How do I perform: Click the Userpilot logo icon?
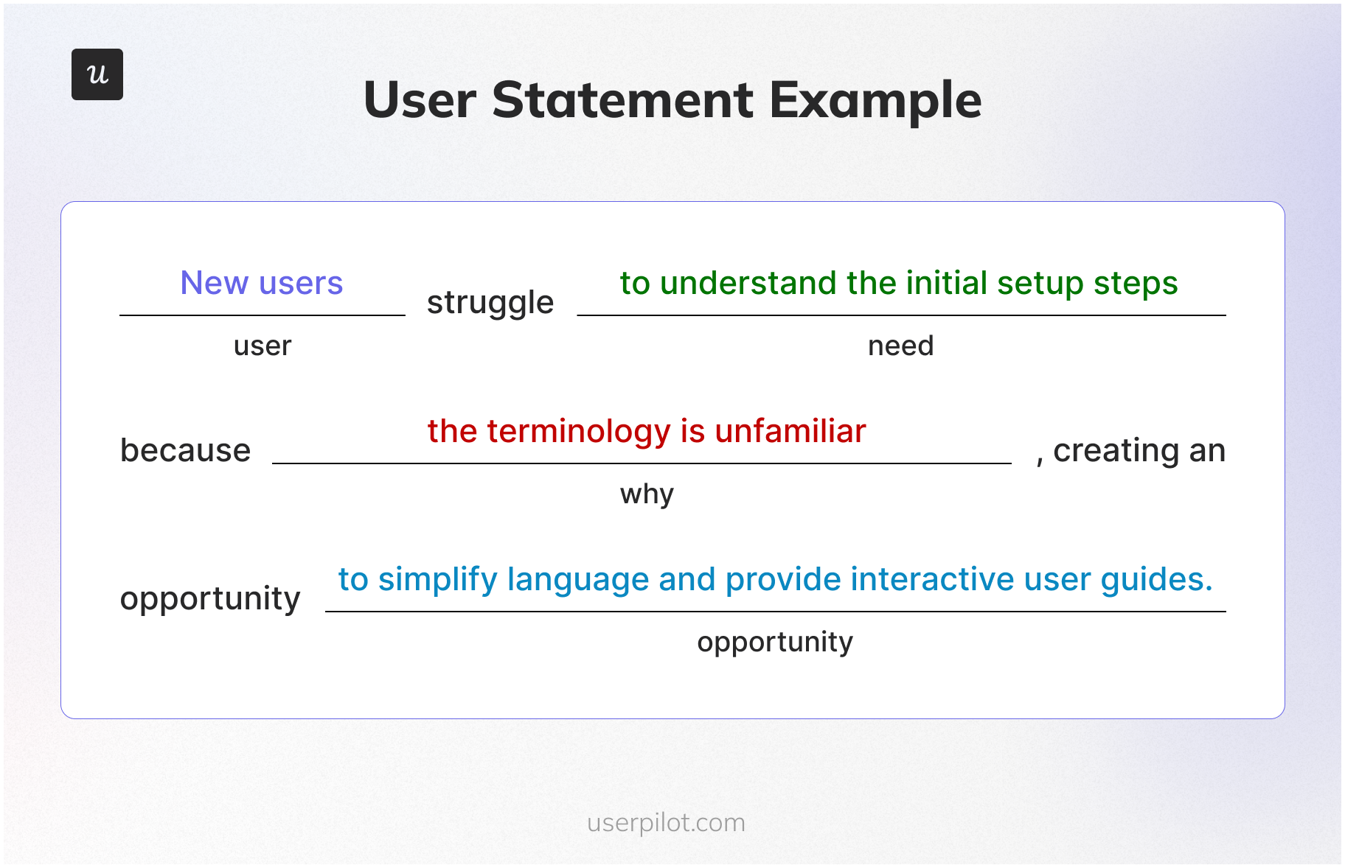97,74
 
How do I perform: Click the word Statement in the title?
622,100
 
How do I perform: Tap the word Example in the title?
875,100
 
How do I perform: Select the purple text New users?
262,283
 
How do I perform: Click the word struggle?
490,303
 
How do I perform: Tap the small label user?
263,346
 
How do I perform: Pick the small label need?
900,346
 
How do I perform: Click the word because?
185,450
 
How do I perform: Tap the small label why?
647,494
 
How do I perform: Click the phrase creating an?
1139,450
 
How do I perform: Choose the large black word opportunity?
210,599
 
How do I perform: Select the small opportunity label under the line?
775,643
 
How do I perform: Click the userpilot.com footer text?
666,822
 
